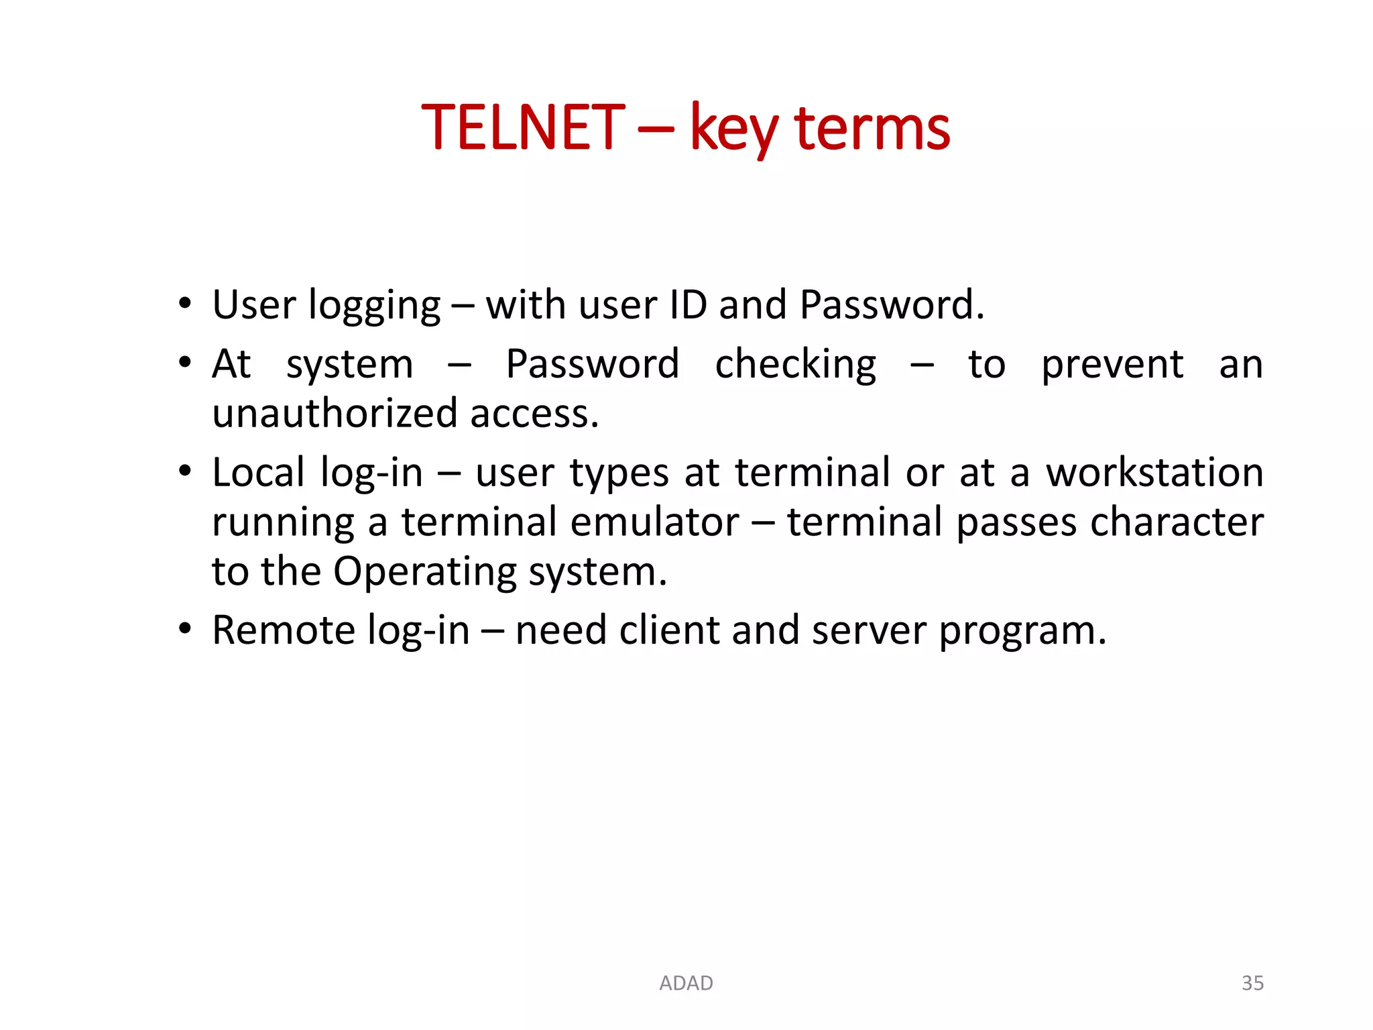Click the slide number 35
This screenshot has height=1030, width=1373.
pos(1252,983)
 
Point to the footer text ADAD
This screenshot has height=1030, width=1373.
pos(686,983)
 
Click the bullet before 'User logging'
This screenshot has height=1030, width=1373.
pos(185,304)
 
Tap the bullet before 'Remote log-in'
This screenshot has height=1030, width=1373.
pos(185,629)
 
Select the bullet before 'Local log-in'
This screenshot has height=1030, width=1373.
pos(185,471)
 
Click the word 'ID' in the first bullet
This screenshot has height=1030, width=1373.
pos(688,305)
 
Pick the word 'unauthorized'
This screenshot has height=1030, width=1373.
pos(334,413)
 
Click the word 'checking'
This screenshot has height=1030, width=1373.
pos(795,366)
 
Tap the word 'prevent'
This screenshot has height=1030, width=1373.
pos(1112,366)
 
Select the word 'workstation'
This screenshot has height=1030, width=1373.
pos(1154,472)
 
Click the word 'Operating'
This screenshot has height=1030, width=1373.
pos(424,573)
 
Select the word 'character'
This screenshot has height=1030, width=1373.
pos(1177,522)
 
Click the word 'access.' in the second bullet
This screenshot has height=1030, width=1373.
pos(534,413)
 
